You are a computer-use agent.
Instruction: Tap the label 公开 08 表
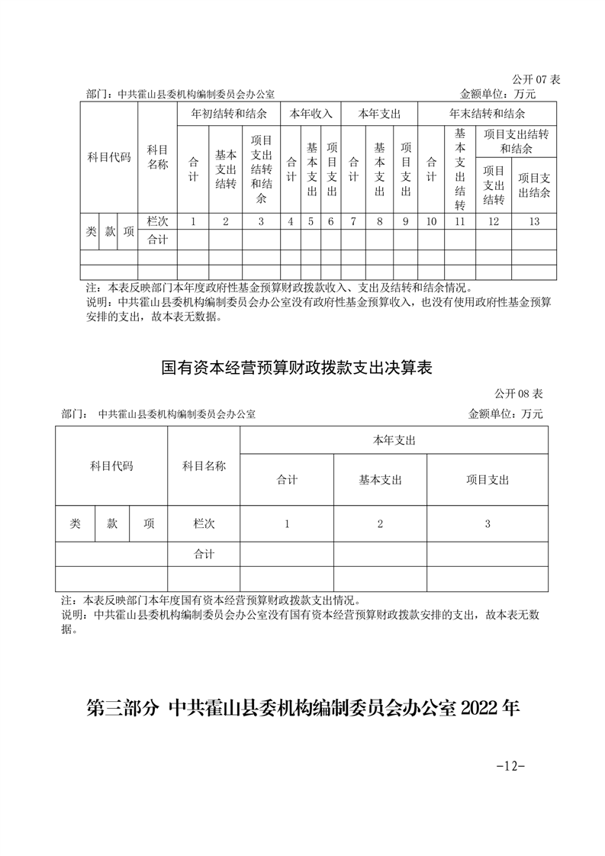tap(519, 394)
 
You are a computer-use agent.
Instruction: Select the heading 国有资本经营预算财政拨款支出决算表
tap(298, 368)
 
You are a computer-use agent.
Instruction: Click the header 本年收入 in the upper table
tap(311, 114)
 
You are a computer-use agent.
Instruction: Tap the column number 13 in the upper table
tap(534, 221)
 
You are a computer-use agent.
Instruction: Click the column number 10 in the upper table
tap(430, 221)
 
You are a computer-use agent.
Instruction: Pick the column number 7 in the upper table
tap(353, 221)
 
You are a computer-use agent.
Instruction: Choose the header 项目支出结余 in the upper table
tap(534, 179)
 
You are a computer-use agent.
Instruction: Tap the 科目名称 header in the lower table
tap(204, 465)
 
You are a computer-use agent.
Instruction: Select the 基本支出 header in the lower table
tap(380, 480)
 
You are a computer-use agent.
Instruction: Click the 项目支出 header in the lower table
tap(488, 480)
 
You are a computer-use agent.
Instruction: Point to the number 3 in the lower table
tap(488, 523)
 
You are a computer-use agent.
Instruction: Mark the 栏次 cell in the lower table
tap(204, 523)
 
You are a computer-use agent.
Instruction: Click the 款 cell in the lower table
tap(112, 523)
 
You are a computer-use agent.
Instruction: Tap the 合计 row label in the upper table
tap(157, 240)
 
